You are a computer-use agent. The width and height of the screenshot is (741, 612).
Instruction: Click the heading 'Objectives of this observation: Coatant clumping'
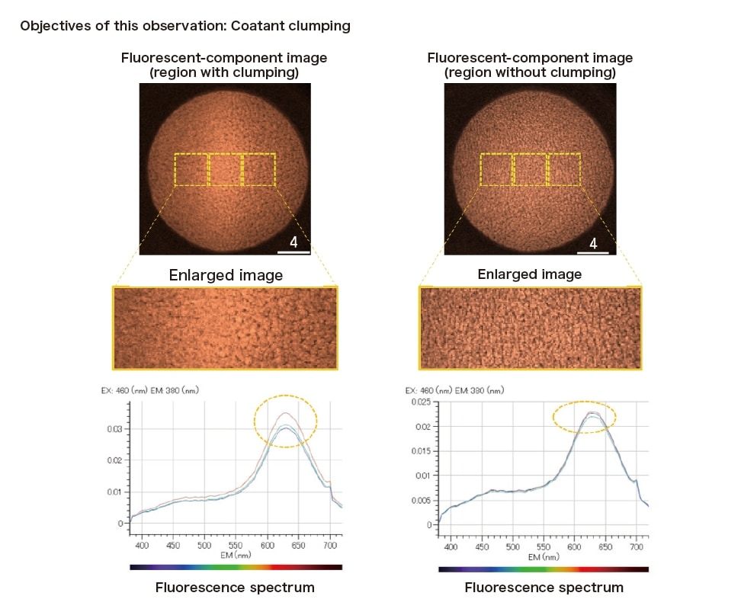185,26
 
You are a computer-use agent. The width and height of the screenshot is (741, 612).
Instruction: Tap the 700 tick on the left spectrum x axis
330,546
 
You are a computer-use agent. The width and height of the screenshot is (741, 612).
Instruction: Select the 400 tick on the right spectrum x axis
451,546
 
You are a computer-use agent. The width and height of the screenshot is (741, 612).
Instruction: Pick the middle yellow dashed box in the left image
224,170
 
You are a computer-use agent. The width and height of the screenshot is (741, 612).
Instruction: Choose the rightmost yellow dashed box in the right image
563,169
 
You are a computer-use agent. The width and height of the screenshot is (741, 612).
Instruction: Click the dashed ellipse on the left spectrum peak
285,421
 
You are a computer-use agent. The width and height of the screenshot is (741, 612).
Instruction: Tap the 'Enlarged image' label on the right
529,274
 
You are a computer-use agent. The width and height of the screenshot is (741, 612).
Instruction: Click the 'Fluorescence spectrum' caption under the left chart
235,588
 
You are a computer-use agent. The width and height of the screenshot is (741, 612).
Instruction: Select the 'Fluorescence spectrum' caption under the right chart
544,588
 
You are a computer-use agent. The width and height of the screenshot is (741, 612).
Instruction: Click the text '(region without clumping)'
530,73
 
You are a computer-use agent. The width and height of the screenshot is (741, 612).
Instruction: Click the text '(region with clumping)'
224,73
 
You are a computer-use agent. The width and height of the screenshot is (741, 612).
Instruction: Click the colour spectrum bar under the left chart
236,567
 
